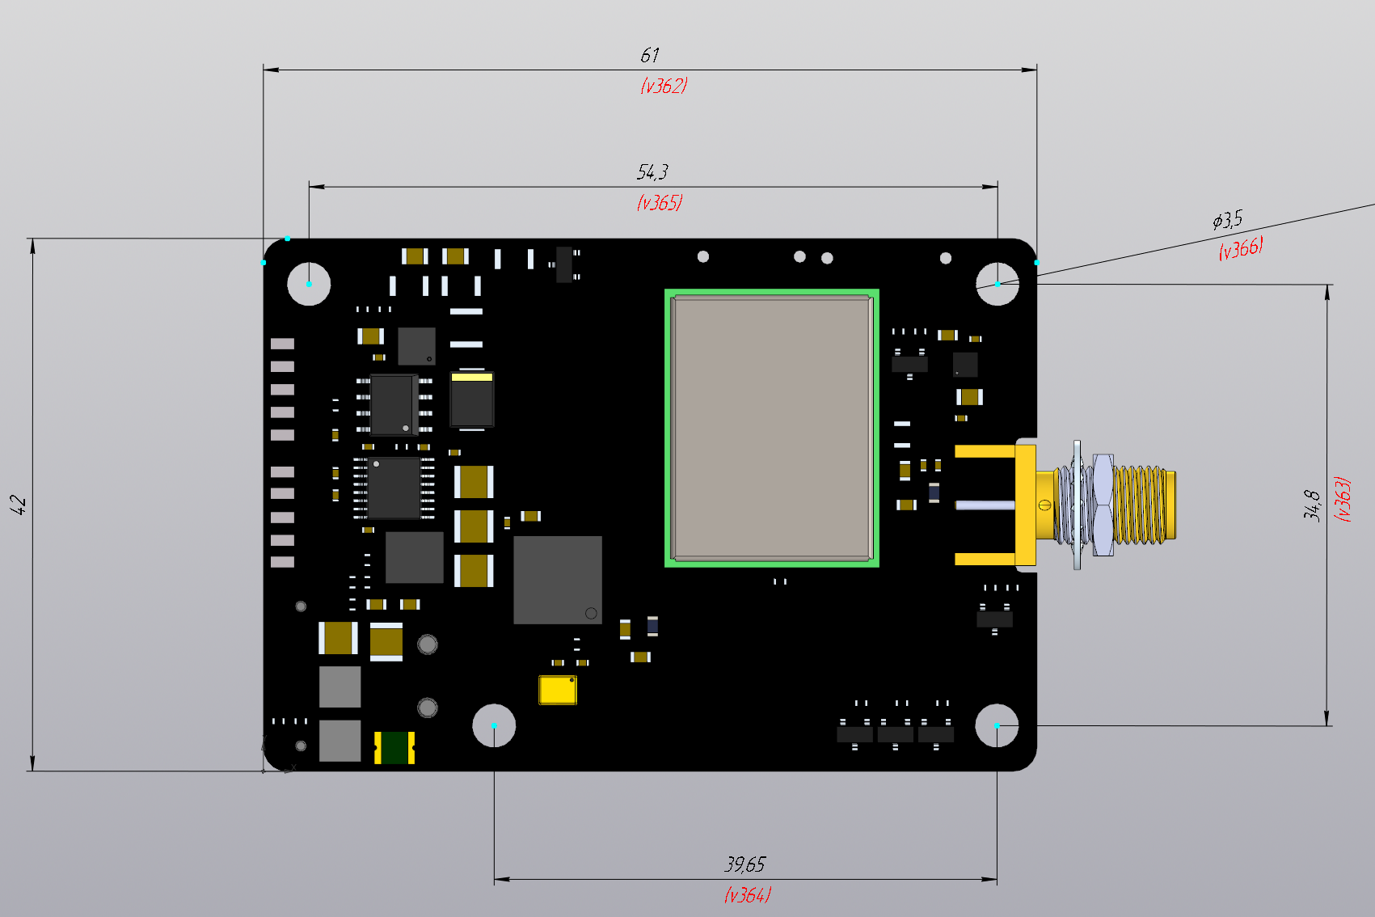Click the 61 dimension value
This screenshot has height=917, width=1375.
650,55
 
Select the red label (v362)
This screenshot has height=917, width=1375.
664,86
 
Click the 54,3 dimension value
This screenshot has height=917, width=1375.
652,172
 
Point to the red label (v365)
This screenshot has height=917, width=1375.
660,202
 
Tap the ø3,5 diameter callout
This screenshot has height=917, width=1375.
1227,220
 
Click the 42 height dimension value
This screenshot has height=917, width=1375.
18,505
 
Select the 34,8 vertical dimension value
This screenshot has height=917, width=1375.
1312,505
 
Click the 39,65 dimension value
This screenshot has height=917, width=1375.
744,864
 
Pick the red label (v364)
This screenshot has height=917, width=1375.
747,895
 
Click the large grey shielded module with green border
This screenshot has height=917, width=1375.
771,428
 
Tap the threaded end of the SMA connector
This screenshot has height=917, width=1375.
1144,505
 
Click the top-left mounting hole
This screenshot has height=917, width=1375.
309,284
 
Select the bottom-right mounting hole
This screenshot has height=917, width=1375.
997,725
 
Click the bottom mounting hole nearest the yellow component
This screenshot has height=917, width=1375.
494,725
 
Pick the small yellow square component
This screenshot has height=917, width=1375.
557,690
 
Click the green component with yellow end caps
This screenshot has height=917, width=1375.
394,748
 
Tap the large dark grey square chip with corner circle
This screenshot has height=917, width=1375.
557,579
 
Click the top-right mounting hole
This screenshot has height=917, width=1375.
997,284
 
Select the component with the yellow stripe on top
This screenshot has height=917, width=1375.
471,399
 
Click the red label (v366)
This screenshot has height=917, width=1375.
1241,248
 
